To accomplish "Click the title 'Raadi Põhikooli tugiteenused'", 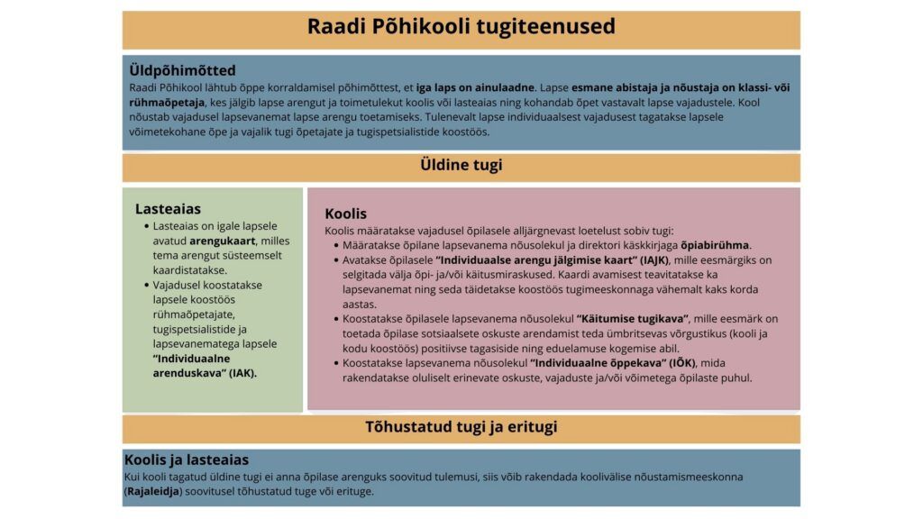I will [461, 27].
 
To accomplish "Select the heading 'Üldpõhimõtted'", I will [182, 70].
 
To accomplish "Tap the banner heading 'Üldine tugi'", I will [461, 165].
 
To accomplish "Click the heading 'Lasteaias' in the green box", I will [168, 209].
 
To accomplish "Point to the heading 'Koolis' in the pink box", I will [345, 214].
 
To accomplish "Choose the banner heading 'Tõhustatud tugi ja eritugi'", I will [461, 426].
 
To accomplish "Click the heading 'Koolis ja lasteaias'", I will [186, 460].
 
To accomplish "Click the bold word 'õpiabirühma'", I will [716, 245].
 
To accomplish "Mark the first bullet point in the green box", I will [146, 226].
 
